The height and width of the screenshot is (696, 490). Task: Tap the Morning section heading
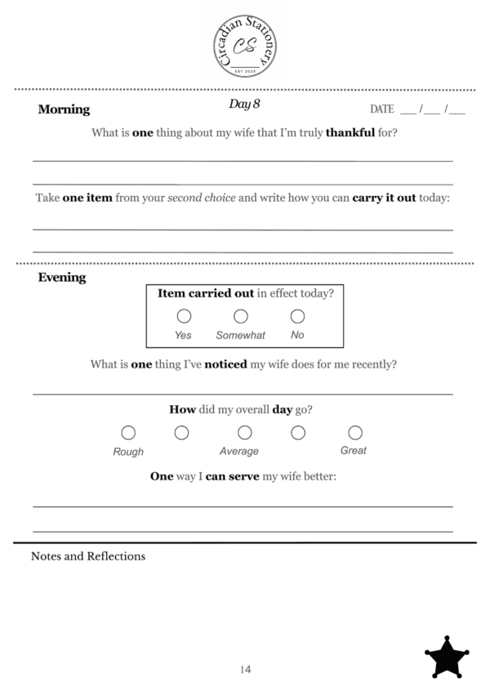(64, 110)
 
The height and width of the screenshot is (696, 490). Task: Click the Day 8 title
(244, 105)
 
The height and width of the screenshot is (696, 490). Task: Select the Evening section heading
(62, 278)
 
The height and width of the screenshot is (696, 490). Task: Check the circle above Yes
(184, 316)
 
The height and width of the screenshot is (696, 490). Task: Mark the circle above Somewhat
(241, 316)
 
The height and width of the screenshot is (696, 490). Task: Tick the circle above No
(297, 316)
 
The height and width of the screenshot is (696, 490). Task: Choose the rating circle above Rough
(128, 432)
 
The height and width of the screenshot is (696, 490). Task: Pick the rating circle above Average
(244, 432)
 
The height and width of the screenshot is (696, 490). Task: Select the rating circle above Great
(354, 432)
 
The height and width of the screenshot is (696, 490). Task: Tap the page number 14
(245, 670)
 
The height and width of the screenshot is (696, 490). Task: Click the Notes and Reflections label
(88, 556)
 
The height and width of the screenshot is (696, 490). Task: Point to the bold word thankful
(350, 132)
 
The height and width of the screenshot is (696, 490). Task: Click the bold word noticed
(225, 364)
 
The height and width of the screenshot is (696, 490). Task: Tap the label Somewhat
(240, 335)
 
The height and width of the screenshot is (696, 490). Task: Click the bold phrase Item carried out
(205, 293)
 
